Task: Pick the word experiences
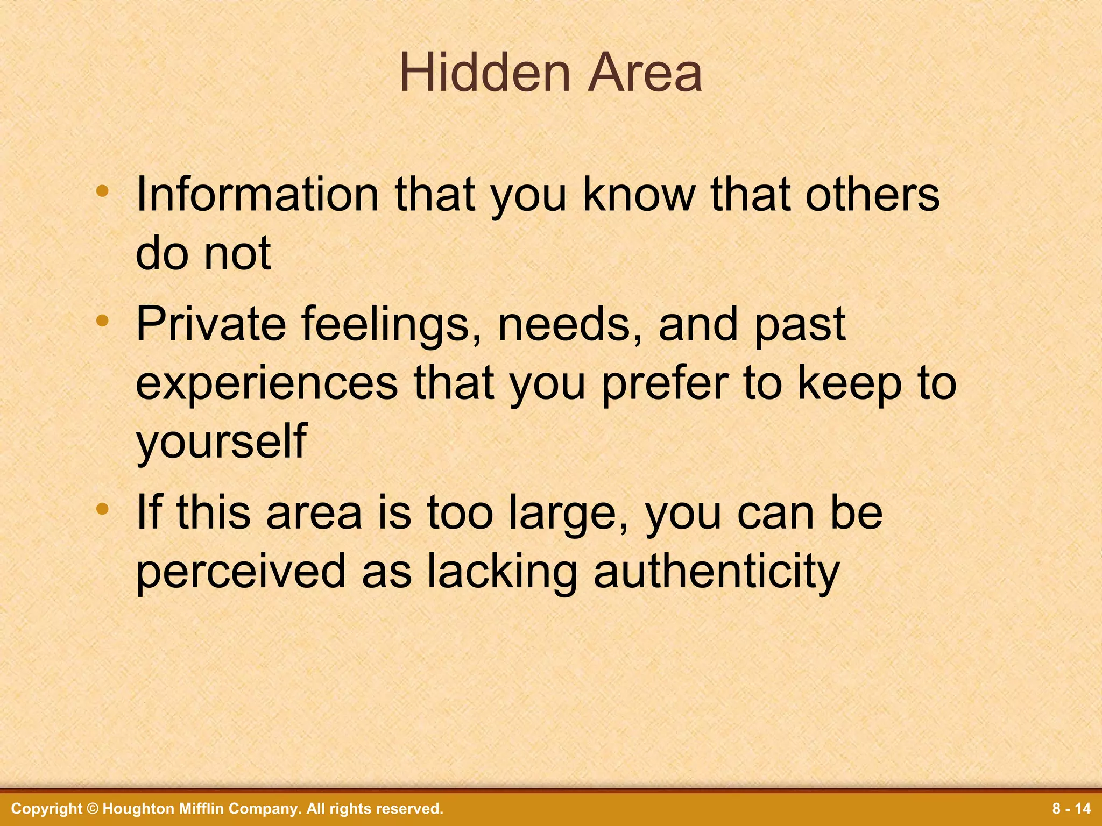(266, 384)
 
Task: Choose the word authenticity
(716, 572)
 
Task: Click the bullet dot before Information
(102, 190)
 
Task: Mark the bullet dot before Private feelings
(102, 321)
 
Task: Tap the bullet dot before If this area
(102, 509)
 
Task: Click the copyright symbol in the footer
(93, 809)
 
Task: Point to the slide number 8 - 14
(1071, 809)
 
